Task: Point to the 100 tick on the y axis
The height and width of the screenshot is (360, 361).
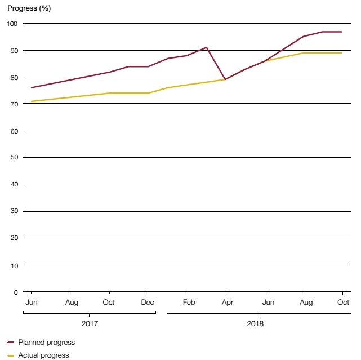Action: click(12, 24)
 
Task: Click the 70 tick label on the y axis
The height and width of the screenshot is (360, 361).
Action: click(12, 104)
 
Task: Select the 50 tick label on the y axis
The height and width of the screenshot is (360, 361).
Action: click(12, 158)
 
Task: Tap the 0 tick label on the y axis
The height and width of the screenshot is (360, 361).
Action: click(15, 292)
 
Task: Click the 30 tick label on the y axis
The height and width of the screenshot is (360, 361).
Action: click(12, 211)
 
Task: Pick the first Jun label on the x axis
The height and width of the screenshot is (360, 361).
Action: click(31, 303)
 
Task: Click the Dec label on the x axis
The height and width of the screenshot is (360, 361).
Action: click(148, 303)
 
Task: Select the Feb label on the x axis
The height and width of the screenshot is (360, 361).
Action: click(188, 303)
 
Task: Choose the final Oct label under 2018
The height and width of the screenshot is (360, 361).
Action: click(342, 303)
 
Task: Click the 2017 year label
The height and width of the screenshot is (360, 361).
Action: click(90, 324)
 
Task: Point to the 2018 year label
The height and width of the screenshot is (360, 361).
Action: click(255, 324)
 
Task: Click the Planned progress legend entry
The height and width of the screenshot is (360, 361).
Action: click(46, 342)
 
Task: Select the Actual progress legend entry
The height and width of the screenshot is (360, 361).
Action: click(43, 355)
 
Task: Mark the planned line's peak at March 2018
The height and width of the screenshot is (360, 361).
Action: click(207, 47)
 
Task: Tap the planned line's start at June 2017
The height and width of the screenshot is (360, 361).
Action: click(32, 88)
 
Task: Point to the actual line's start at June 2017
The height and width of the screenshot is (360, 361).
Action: click(32, 101)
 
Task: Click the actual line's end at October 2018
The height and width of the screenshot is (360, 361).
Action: click(342, 53)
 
